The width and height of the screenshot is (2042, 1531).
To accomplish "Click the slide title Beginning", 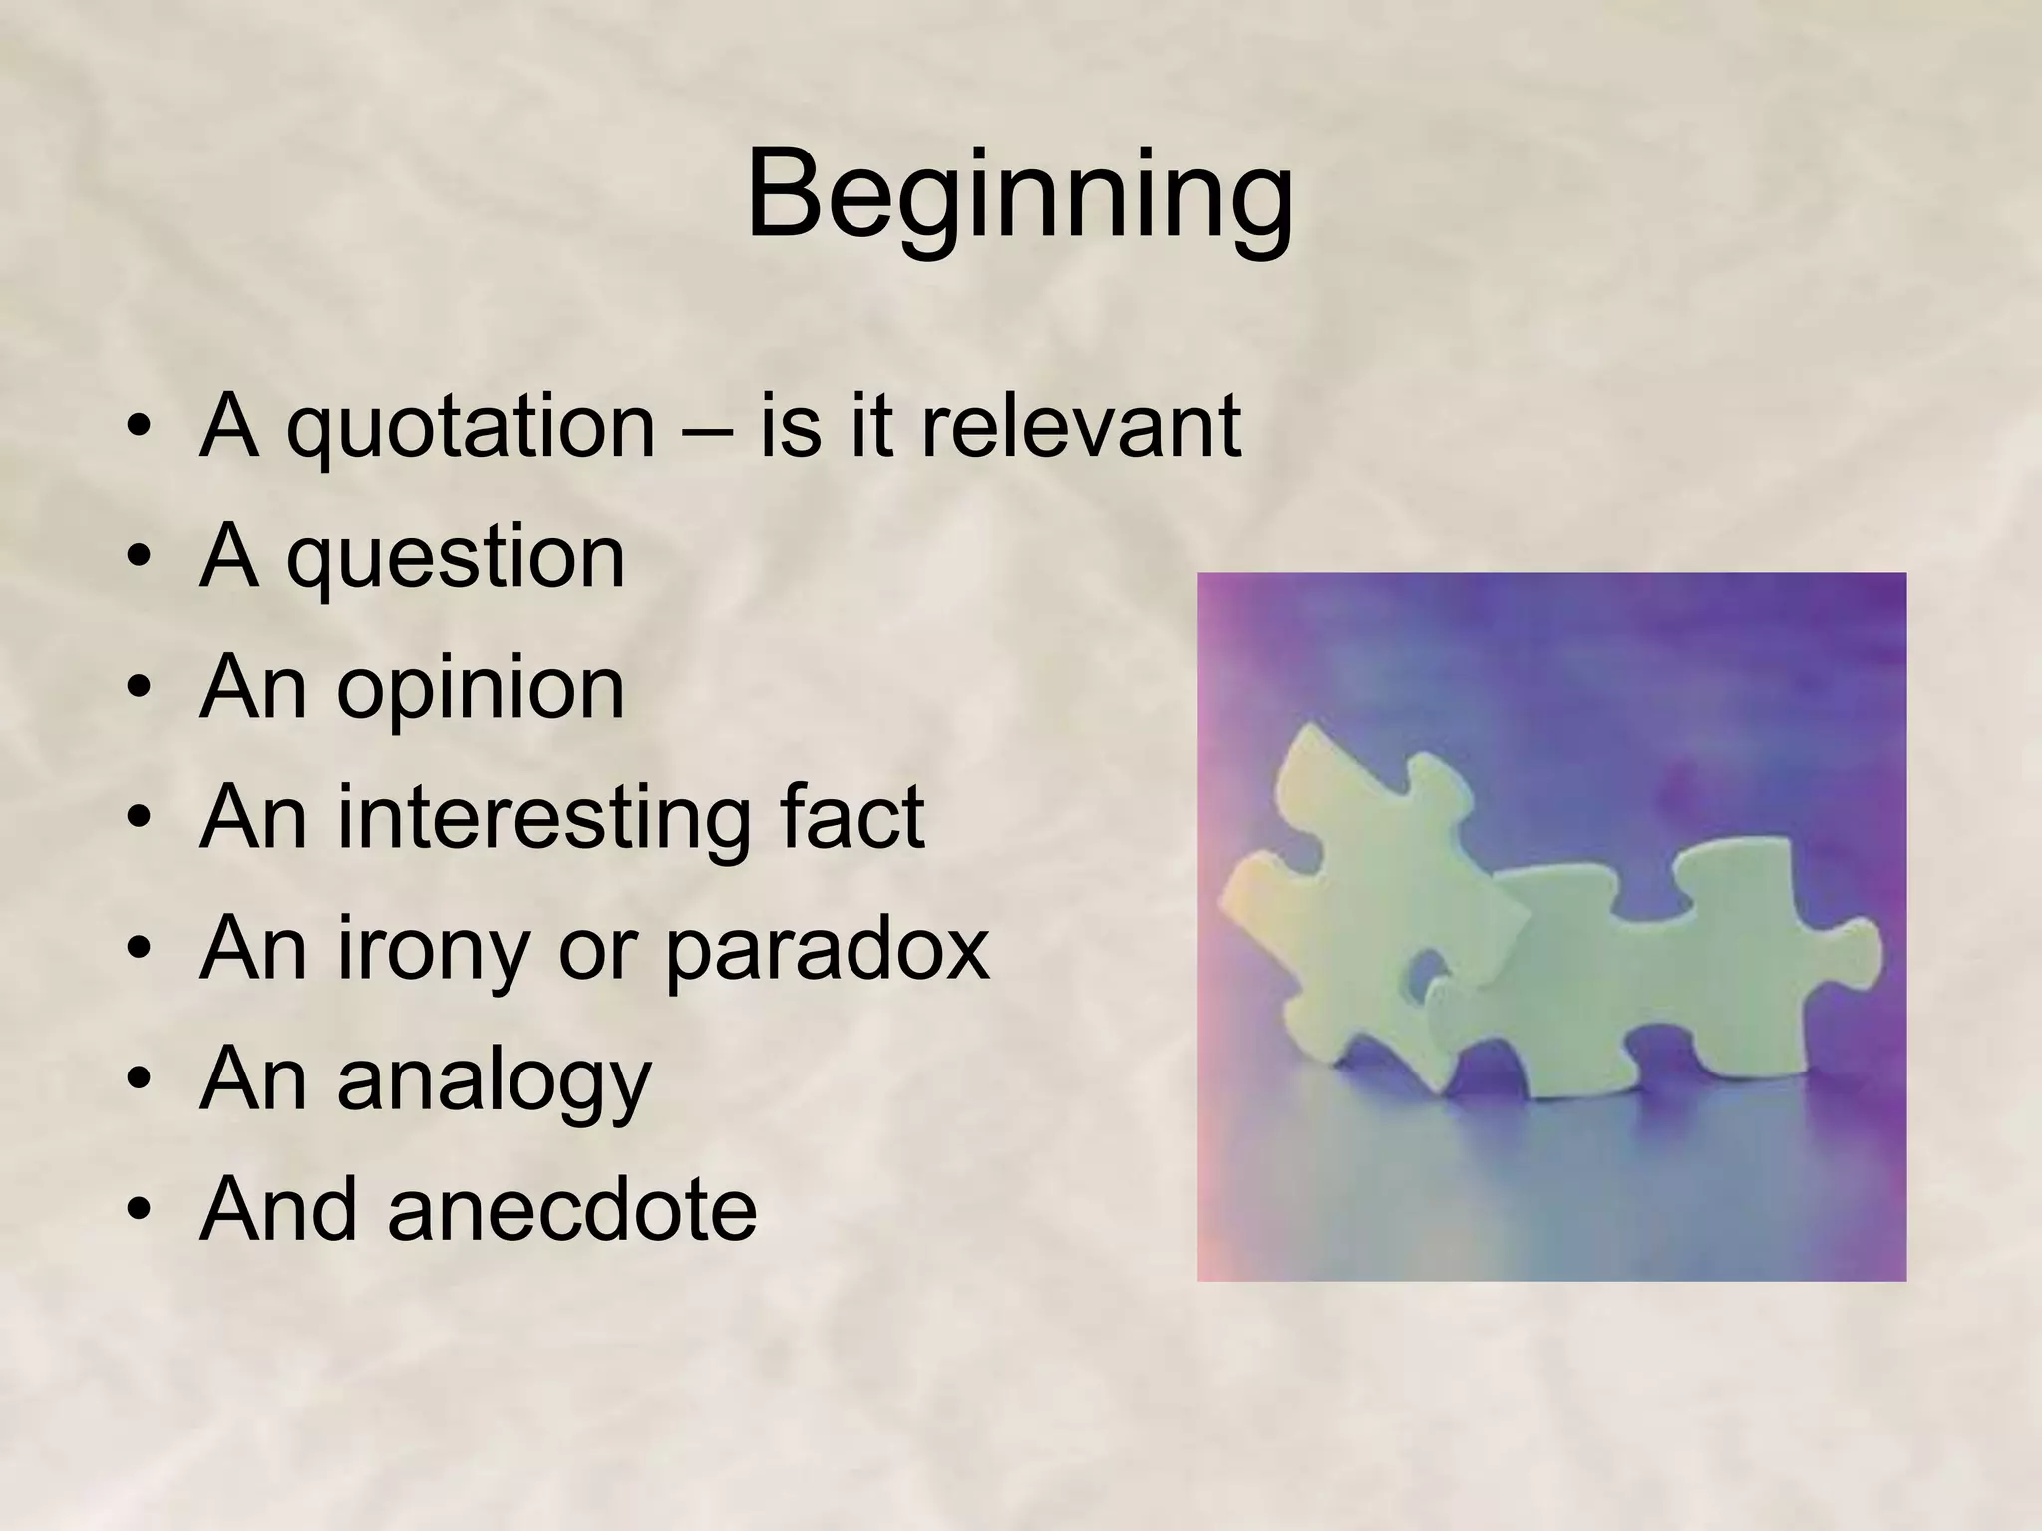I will tap(1019, 194).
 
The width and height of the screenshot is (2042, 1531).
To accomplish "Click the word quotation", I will tap(471, 427).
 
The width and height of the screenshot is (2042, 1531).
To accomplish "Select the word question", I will tap(456, 558).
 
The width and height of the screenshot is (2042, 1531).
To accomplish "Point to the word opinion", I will tap(480, 689).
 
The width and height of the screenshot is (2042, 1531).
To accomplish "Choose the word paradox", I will tap(827, 950).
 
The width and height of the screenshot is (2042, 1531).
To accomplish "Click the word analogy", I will tap(494, 1081).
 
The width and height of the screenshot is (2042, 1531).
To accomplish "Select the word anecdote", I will tap(571, 1210).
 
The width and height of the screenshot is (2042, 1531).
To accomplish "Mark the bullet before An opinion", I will tap(139, 690).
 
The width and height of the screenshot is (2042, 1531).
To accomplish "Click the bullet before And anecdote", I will tap(139, 1212).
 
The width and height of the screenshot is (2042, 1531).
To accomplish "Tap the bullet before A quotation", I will tap(139, 428).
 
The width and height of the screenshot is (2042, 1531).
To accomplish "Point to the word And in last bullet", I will tap(278, 1210).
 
